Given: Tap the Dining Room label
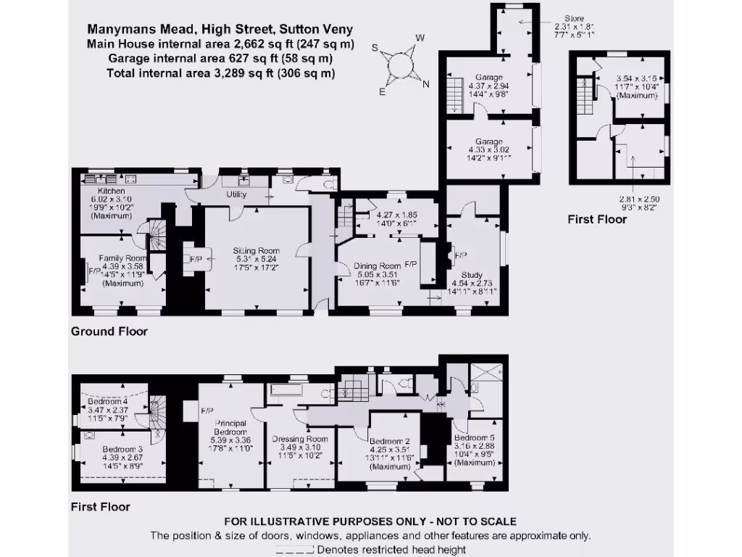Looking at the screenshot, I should [x=377, y=266].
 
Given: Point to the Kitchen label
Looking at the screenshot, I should [x=102, y=191].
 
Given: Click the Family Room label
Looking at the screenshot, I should [x=123, y=257].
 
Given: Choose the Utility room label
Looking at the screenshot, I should [x=236, y=194].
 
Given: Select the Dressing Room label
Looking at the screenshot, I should [x=299, y=439].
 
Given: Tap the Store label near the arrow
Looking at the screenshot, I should [x=575, y=19].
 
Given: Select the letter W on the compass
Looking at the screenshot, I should [x=420, y=38].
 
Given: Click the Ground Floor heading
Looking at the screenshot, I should [x=109, y=331].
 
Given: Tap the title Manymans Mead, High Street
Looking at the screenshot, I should [x=220, y=30].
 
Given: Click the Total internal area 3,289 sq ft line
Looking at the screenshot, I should [x=220, y=73].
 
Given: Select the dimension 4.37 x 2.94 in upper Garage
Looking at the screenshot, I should [x=489, y=85].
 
